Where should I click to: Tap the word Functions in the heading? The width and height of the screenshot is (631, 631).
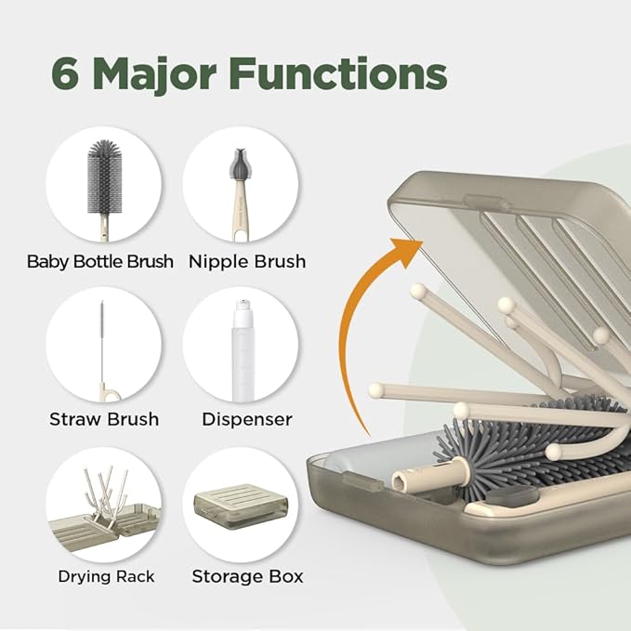(348, 74)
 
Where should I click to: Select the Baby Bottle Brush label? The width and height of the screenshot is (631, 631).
(100, 262)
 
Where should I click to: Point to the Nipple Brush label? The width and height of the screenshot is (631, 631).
(247, 262)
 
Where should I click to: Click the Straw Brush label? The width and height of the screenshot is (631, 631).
(104, 419)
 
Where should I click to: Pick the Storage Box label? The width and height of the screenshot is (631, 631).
(247, 576)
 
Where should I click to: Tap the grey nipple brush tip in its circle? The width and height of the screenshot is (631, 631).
(238, 166)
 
